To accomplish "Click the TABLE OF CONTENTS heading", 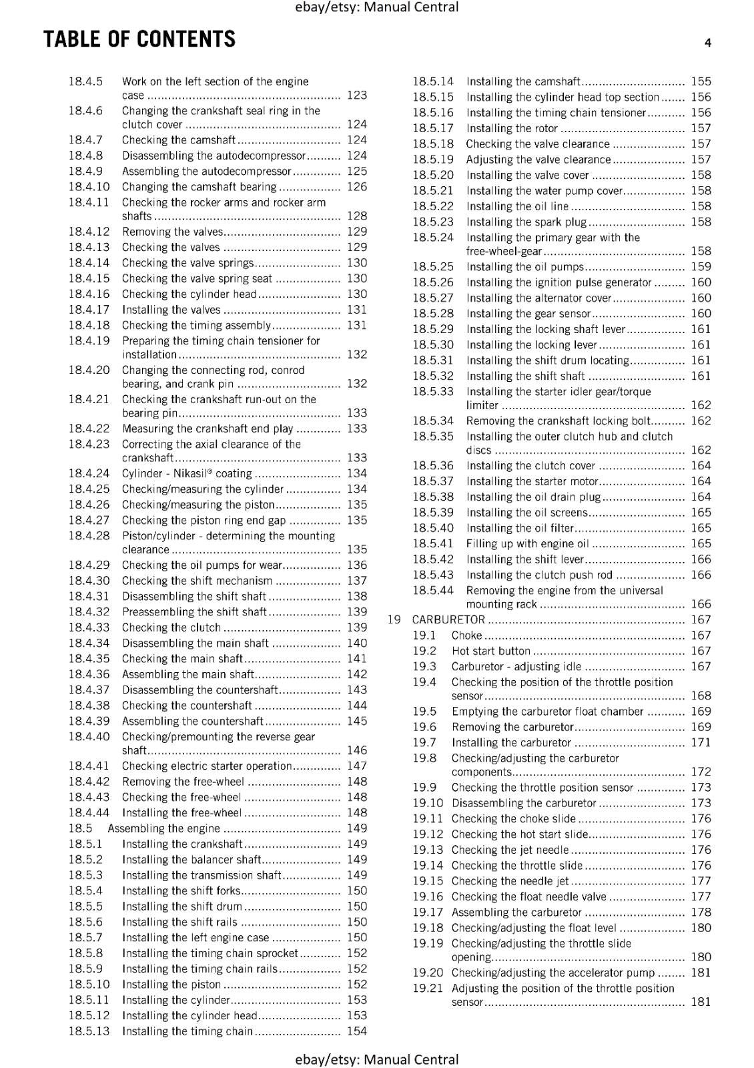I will pyautogui.click(x=139, y=39).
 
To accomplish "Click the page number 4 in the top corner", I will pyautogui.click(x=707, y=43).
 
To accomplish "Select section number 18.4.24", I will pyautogui.click(x=89, y=473).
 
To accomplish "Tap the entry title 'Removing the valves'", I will pyautogui.click(x=172, y=232).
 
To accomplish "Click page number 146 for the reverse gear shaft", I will pyautogui.click(x=357, y=750).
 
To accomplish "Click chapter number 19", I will pyautogui.click(x=394, y=619).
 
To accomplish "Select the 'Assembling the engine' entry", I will pyautogui.click(x=163, y=828).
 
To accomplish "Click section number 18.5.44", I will pyautogui.click(x=432, y=590).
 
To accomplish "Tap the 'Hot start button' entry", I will pyautogui.click(x=490, y=651).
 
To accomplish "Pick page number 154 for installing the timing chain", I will pyautogui.click(x=357, y=1031).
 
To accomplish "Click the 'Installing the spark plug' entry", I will pyautogui.click(x=526, y=222).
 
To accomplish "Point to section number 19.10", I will pyautogui.click(x=427, y=803).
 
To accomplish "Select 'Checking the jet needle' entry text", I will pyautogui.click(x=510, y=850).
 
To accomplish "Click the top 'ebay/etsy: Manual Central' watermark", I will pyautogui.click(x=376, y=7).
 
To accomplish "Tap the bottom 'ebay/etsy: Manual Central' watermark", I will pyautogui.click(x=376, y=1059).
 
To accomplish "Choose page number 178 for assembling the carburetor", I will pyautogui.click(x=701, y=912).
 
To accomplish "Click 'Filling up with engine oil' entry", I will pyautogui.click(x=527, y=543).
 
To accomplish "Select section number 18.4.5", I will pyautogui.click(x=85, y=81).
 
